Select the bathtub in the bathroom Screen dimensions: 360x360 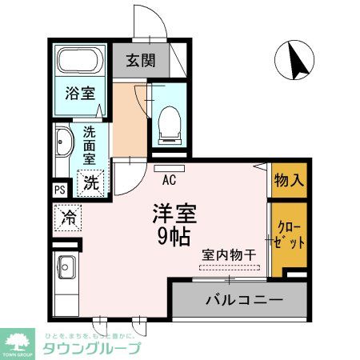click(x=78, y=61)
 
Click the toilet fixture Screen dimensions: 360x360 click(x=168, y=121)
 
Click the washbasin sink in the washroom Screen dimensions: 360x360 click(x=65, y=146)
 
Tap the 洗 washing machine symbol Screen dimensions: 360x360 click(x=92, y=182)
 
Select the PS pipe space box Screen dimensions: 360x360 click(x=60, y=190)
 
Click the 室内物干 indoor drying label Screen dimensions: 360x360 click(x=228, y=255)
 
